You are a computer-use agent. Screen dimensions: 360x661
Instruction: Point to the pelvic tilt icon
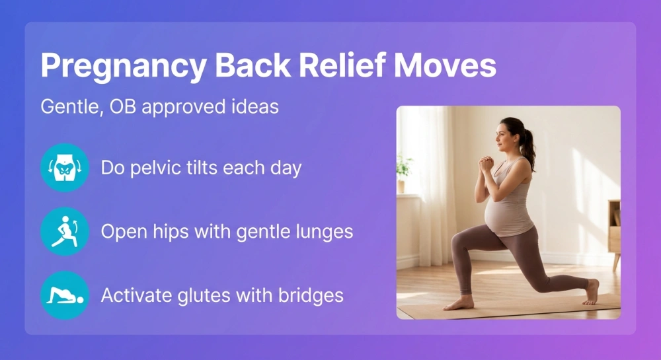pos(64,168)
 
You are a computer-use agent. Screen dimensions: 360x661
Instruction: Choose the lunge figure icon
pos(64,231)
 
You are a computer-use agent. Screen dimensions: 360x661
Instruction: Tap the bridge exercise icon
pos(64,295)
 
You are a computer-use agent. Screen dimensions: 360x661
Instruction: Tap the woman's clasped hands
pos(486,162)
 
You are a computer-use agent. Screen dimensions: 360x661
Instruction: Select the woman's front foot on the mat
pos(459,303)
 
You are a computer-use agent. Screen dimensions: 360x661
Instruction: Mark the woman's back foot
pos(592,291)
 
